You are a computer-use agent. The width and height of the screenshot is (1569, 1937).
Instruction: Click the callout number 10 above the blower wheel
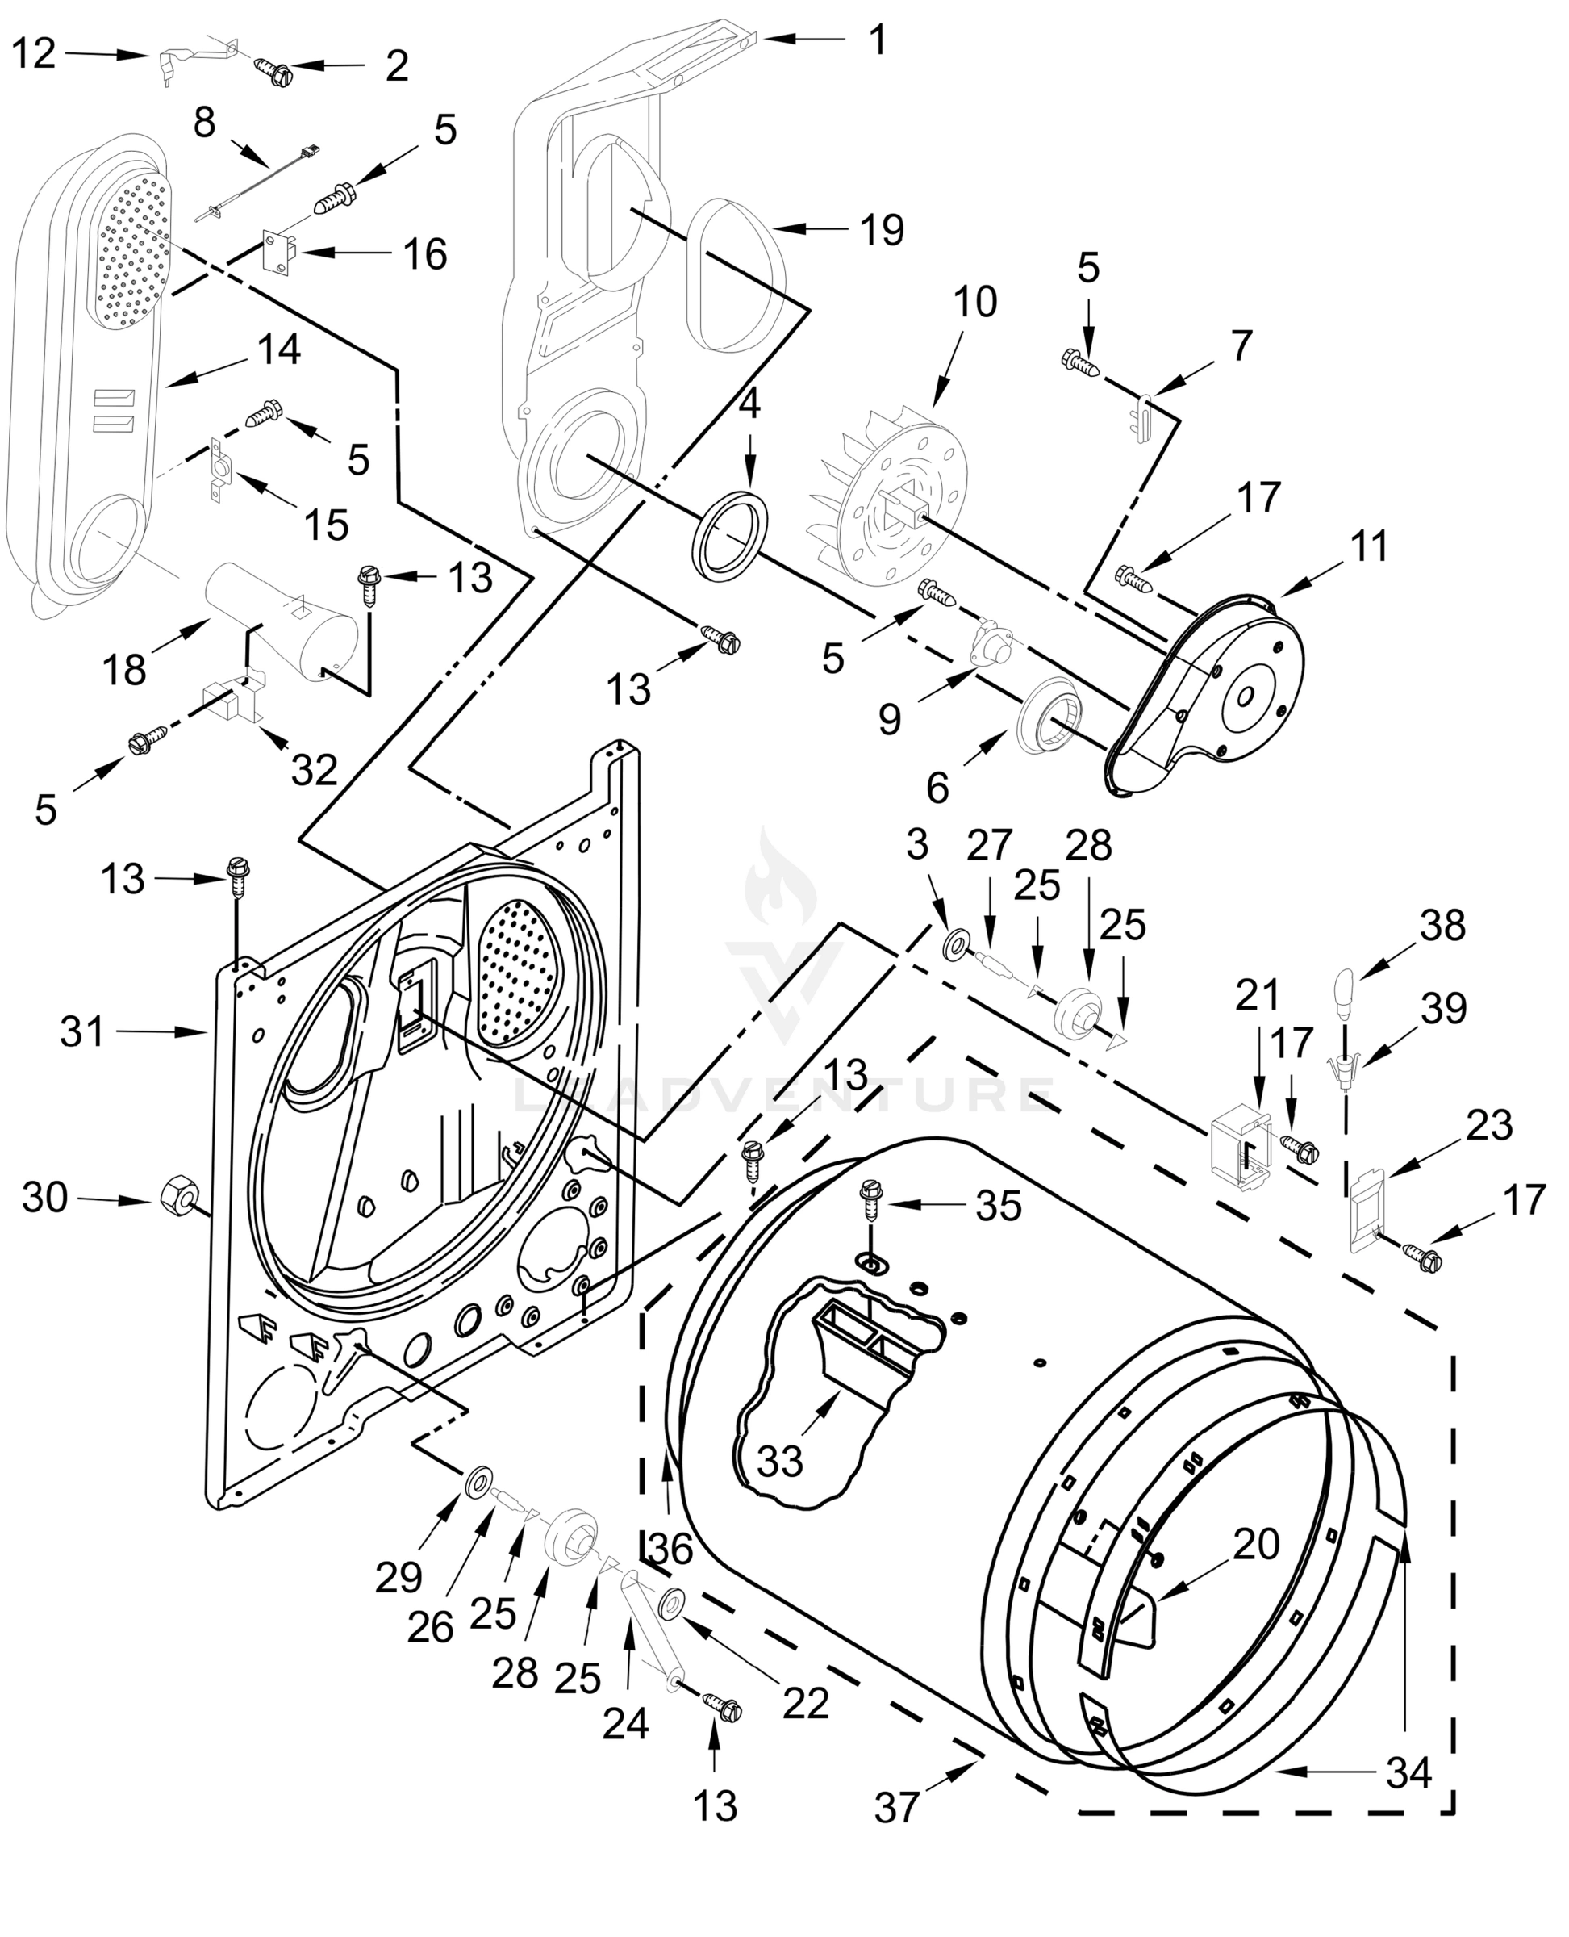974,302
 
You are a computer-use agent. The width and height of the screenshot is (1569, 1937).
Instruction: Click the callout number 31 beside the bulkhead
82,1031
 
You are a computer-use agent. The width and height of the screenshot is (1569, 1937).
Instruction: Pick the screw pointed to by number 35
871,1200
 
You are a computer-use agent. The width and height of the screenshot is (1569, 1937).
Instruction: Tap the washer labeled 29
478,1481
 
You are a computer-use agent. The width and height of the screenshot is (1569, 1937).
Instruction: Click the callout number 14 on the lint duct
278,349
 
